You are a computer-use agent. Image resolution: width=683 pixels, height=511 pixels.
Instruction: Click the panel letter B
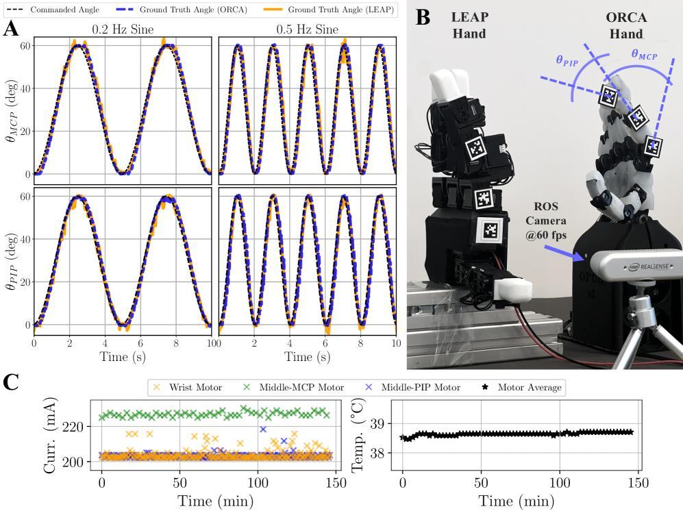[423, 16]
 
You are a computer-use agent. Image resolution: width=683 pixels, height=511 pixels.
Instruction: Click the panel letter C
[10, 382]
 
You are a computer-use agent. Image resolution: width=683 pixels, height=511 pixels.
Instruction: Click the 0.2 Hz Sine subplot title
[123, 29]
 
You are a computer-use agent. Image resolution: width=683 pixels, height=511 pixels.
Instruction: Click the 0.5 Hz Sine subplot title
[307, 29]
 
